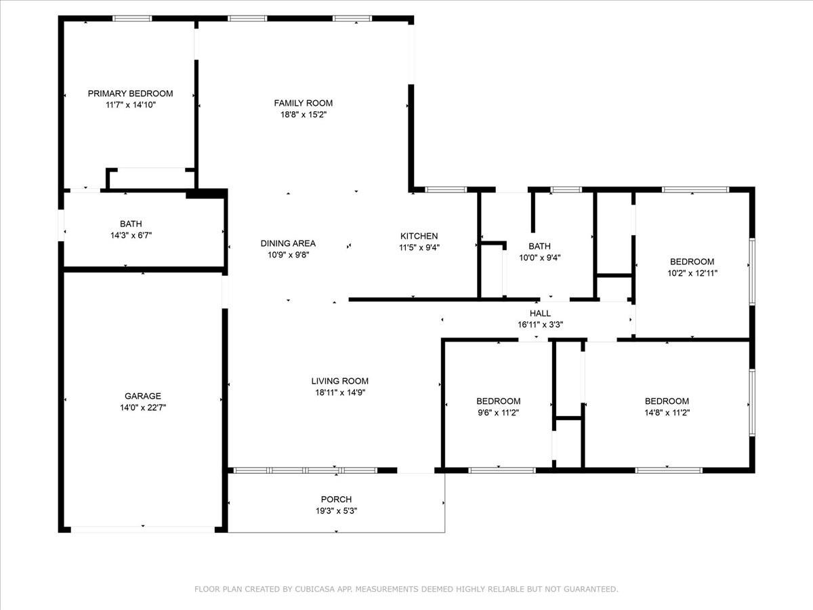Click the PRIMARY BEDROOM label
[x=130, y=94]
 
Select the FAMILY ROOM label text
[x=304, y=103]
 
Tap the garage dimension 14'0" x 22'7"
[x=143, y=407]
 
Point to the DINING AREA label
[x=288, y=243]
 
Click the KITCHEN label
[x=419, y=236]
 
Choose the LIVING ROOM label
[x=340, y=381]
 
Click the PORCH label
[x=336, y=499]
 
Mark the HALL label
[x=540, y=313]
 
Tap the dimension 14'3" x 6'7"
[x=131, y=235]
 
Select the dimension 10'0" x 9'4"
[x=540, y=258]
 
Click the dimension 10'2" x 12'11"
[x=692, y=273]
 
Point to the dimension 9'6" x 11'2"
[x=499, y=412]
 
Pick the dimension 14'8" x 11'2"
[x=667, y=412]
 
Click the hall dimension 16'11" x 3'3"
[x=541, y=325]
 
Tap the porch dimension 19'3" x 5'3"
[x=336, y=511]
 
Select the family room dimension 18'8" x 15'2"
[x=304, y=115]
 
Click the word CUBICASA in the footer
[x=314, y=589]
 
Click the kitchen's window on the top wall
[x=446, y=190]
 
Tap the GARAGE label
[x=143, y=396]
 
